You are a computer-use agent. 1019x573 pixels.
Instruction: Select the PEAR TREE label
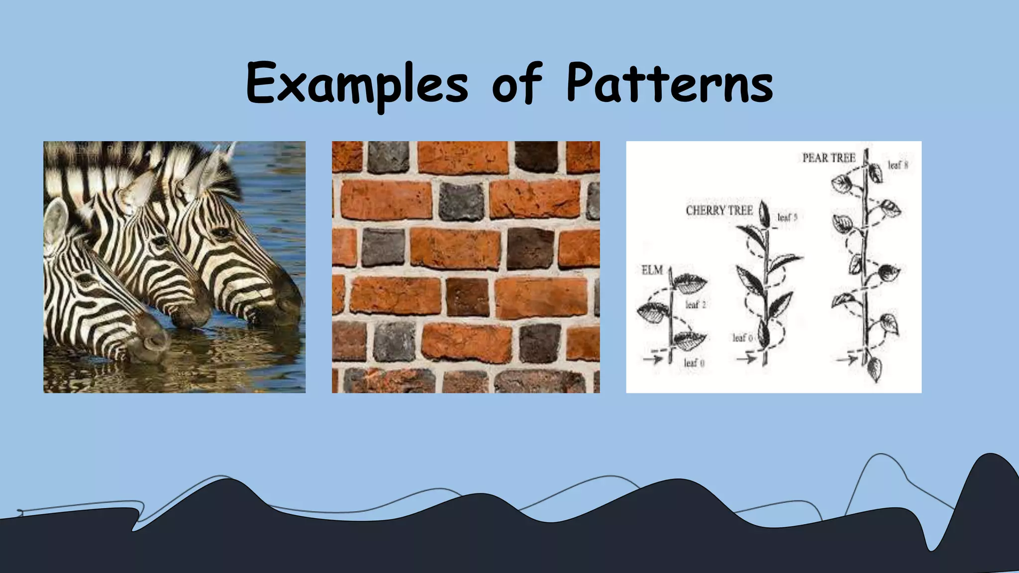[828, 158]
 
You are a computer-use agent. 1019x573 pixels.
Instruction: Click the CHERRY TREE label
[719, 210]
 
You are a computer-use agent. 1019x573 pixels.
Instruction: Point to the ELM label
[652, 270]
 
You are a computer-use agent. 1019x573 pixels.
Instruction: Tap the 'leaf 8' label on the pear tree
[898, 165]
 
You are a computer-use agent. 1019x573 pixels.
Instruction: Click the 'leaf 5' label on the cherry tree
[787, 217]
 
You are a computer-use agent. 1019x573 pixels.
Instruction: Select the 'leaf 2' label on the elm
[695, 304]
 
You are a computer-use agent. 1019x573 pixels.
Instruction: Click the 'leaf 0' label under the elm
[694, 363]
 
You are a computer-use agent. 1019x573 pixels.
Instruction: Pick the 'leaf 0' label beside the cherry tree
[742, 338]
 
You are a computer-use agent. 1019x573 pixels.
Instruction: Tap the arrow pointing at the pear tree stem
[848, 359]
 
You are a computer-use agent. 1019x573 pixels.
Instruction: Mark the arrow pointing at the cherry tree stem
[747, 358]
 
